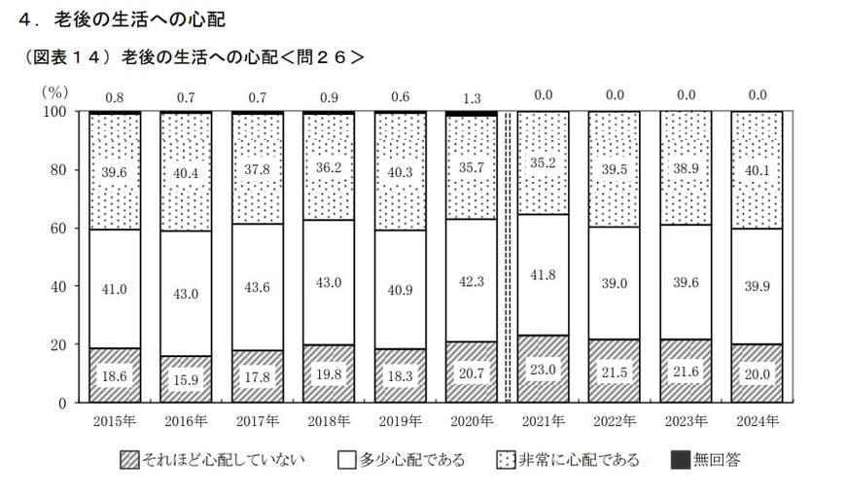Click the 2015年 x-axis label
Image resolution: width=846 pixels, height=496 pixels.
[115, 421]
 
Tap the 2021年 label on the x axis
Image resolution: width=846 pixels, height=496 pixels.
[543, 421]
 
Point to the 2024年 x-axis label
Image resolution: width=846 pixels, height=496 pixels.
[758, 421]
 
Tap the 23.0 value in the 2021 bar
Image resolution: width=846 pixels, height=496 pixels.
[543, 369]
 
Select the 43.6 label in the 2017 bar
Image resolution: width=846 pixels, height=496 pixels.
[257, 288]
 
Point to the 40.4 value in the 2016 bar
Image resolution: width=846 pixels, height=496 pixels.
[186, 171]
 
